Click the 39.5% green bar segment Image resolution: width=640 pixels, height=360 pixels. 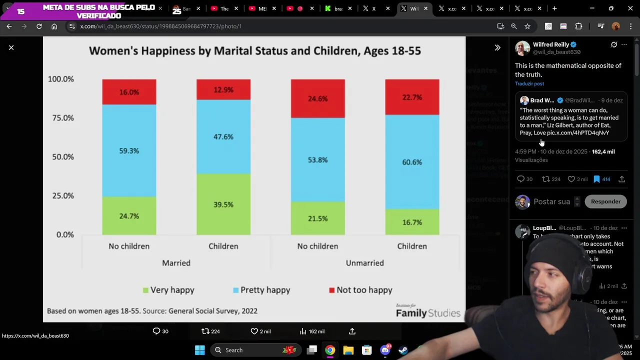click(x=223, y=204)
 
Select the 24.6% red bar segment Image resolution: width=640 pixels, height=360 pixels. click(x=317, y=98)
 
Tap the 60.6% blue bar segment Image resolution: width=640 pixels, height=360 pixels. click(x=412, y=162)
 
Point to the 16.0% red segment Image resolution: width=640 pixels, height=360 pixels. click(x=129, y=92)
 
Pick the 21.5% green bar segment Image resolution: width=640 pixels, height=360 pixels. click(x=317, y=218)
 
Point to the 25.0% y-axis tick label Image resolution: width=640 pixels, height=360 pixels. click(x=63, y=195)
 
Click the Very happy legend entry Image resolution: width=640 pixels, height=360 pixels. click(x=168, y=290)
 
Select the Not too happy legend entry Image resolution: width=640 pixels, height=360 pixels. click(x=360, y=290)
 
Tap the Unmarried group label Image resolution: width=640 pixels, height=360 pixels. click(x=364, y=263)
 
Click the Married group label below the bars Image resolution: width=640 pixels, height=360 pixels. click(x=176, y=263)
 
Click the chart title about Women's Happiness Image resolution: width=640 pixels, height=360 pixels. click(x=254, y=50)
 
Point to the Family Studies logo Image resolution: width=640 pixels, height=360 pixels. click(x=427, y=311)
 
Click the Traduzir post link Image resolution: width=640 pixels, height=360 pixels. click(x=529, y=83)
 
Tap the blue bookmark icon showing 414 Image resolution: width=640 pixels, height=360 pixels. click(x=596, y=179)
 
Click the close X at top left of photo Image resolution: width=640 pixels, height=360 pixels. click(x=11, y=47)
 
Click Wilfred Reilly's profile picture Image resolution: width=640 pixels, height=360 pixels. click(x=522, y=48)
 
